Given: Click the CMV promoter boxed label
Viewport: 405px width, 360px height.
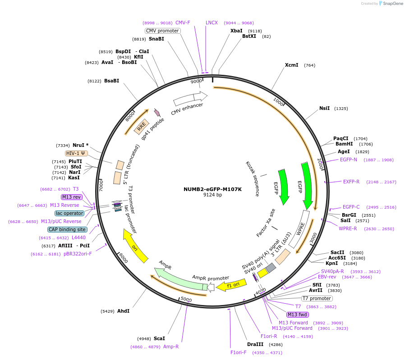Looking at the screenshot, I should click(162, 31).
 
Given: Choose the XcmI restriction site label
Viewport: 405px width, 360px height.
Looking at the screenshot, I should click(291, 65).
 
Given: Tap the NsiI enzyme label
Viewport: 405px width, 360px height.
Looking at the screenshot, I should click(324, 108).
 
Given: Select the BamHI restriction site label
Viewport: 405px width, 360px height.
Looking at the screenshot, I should click(344, 144).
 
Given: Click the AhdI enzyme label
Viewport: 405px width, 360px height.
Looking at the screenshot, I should click(123, 311).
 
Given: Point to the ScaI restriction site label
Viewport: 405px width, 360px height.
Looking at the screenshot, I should click(159, 338).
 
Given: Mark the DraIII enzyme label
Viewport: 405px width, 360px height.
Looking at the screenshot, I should click(255, 344).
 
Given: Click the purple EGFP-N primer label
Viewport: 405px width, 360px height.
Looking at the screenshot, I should click(348, 159).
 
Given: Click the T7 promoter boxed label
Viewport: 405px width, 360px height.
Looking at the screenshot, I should click(317, 298).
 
